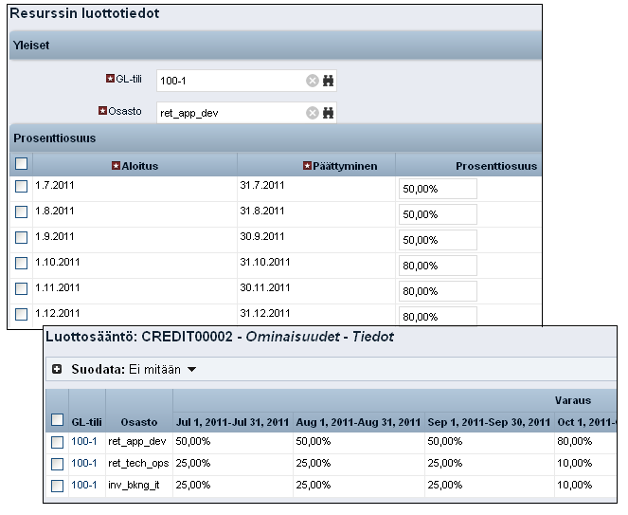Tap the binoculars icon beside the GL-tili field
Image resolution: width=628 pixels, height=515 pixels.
pyautogui.click(x=329, y=82)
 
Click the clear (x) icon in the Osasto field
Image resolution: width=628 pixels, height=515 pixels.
pyautogui.click(x=312, y=113)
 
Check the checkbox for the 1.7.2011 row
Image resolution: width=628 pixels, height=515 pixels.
pyautogui.click(x=22, y=187)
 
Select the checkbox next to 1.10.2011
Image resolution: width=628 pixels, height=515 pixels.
pyautogui.click(x=22, y=263)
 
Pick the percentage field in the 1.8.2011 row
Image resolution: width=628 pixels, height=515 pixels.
pyautogui.click(x=438, y=214)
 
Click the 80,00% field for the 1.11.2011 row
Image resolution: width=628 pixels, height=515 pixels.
pyautogui.click(x=438, y=291)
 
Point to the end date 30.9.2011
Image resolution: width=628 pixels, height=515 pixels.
pyautogui.click(x=261, y=237)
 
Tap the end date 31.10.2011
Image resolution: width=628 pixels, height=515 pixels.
pyautogui.click(x=264, y=263)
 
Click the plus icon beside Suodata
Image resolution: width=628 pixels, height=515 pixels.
pyautogui.click(x=57, y=369)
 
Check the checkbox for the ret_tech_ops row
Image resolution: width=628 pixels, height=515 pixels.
pyautogui.click(x=57, y=464)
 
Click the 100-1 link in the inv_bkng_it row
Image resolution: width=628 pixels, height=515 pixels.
pyautogui.click(x=84, y=486)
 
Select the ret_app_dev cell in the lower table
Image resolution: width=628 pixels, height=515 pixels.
pyautogui.click(x=138, y=442)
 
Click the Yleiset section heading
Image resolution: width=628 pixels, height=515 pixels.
pyautogui.click(x=31, y=46)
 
